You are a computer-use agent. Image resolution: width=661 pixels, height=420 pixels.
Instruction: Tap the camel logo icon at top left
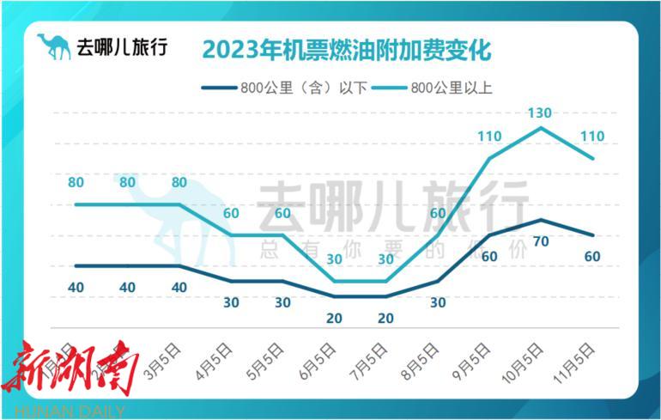tap(54, 47)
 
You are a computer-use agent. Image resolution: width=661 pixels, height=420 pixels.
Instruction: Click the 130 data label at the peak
tap(540, 113)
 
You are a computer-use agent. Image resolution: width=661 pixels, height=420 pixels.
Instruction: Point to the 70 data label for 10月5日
tap(540, 241)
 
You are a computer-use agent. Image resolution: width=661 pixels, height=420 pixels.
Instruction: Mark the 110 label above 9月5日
tap(489, 137)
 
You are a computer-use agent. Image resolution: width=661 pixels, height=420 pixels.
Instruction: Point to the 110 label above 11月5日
tap(592, 137)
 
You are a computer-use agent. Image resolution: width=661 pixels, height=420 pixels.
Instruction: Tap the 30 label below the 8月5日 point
tap(438, 302)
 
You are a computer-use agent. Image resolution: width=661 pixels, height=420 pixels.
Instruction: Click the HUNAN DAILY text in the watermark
tap(64, 411)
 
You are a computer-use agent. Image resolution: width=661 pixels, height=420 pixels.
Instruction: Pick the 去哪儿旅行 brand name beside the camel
tap(121, 47)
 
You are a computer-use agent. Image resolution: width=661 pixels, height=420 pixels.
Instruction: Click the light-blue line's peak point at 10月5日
tap(540, 128)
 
